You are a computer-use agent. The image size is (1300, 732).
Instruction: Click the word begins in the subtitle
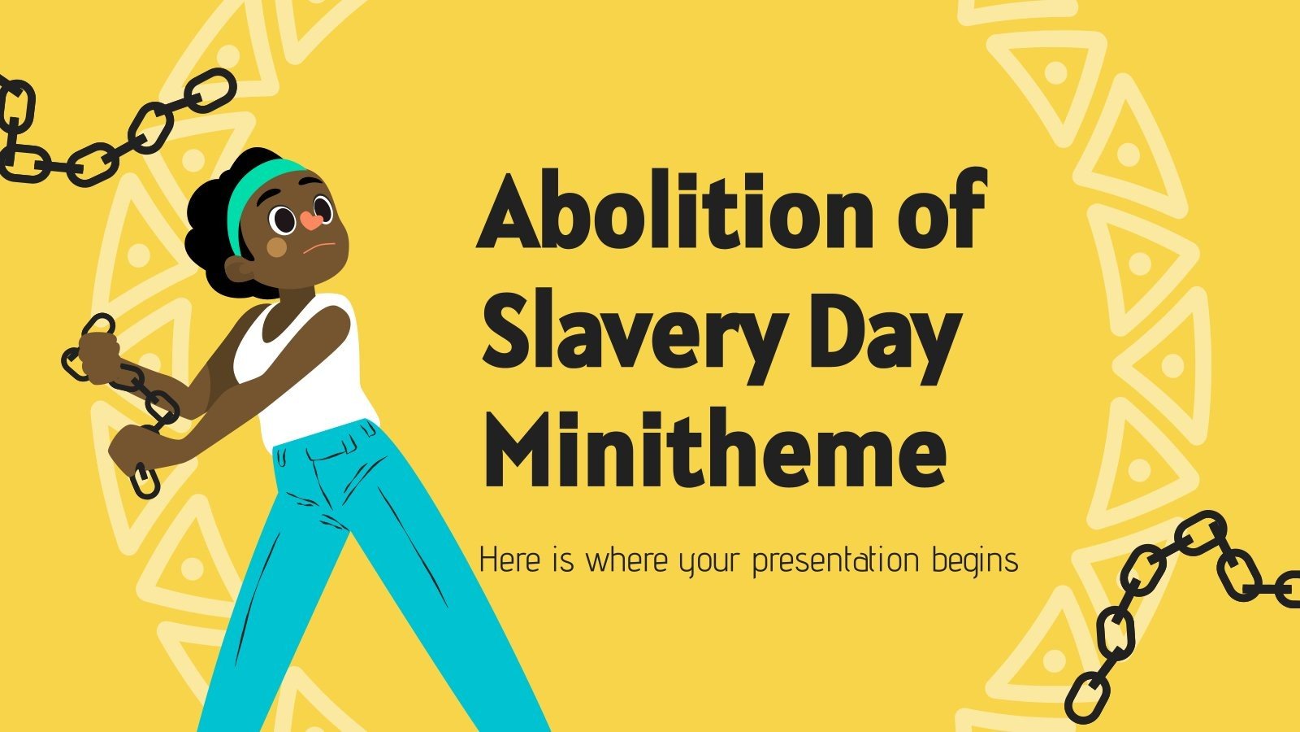[975, 562]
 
